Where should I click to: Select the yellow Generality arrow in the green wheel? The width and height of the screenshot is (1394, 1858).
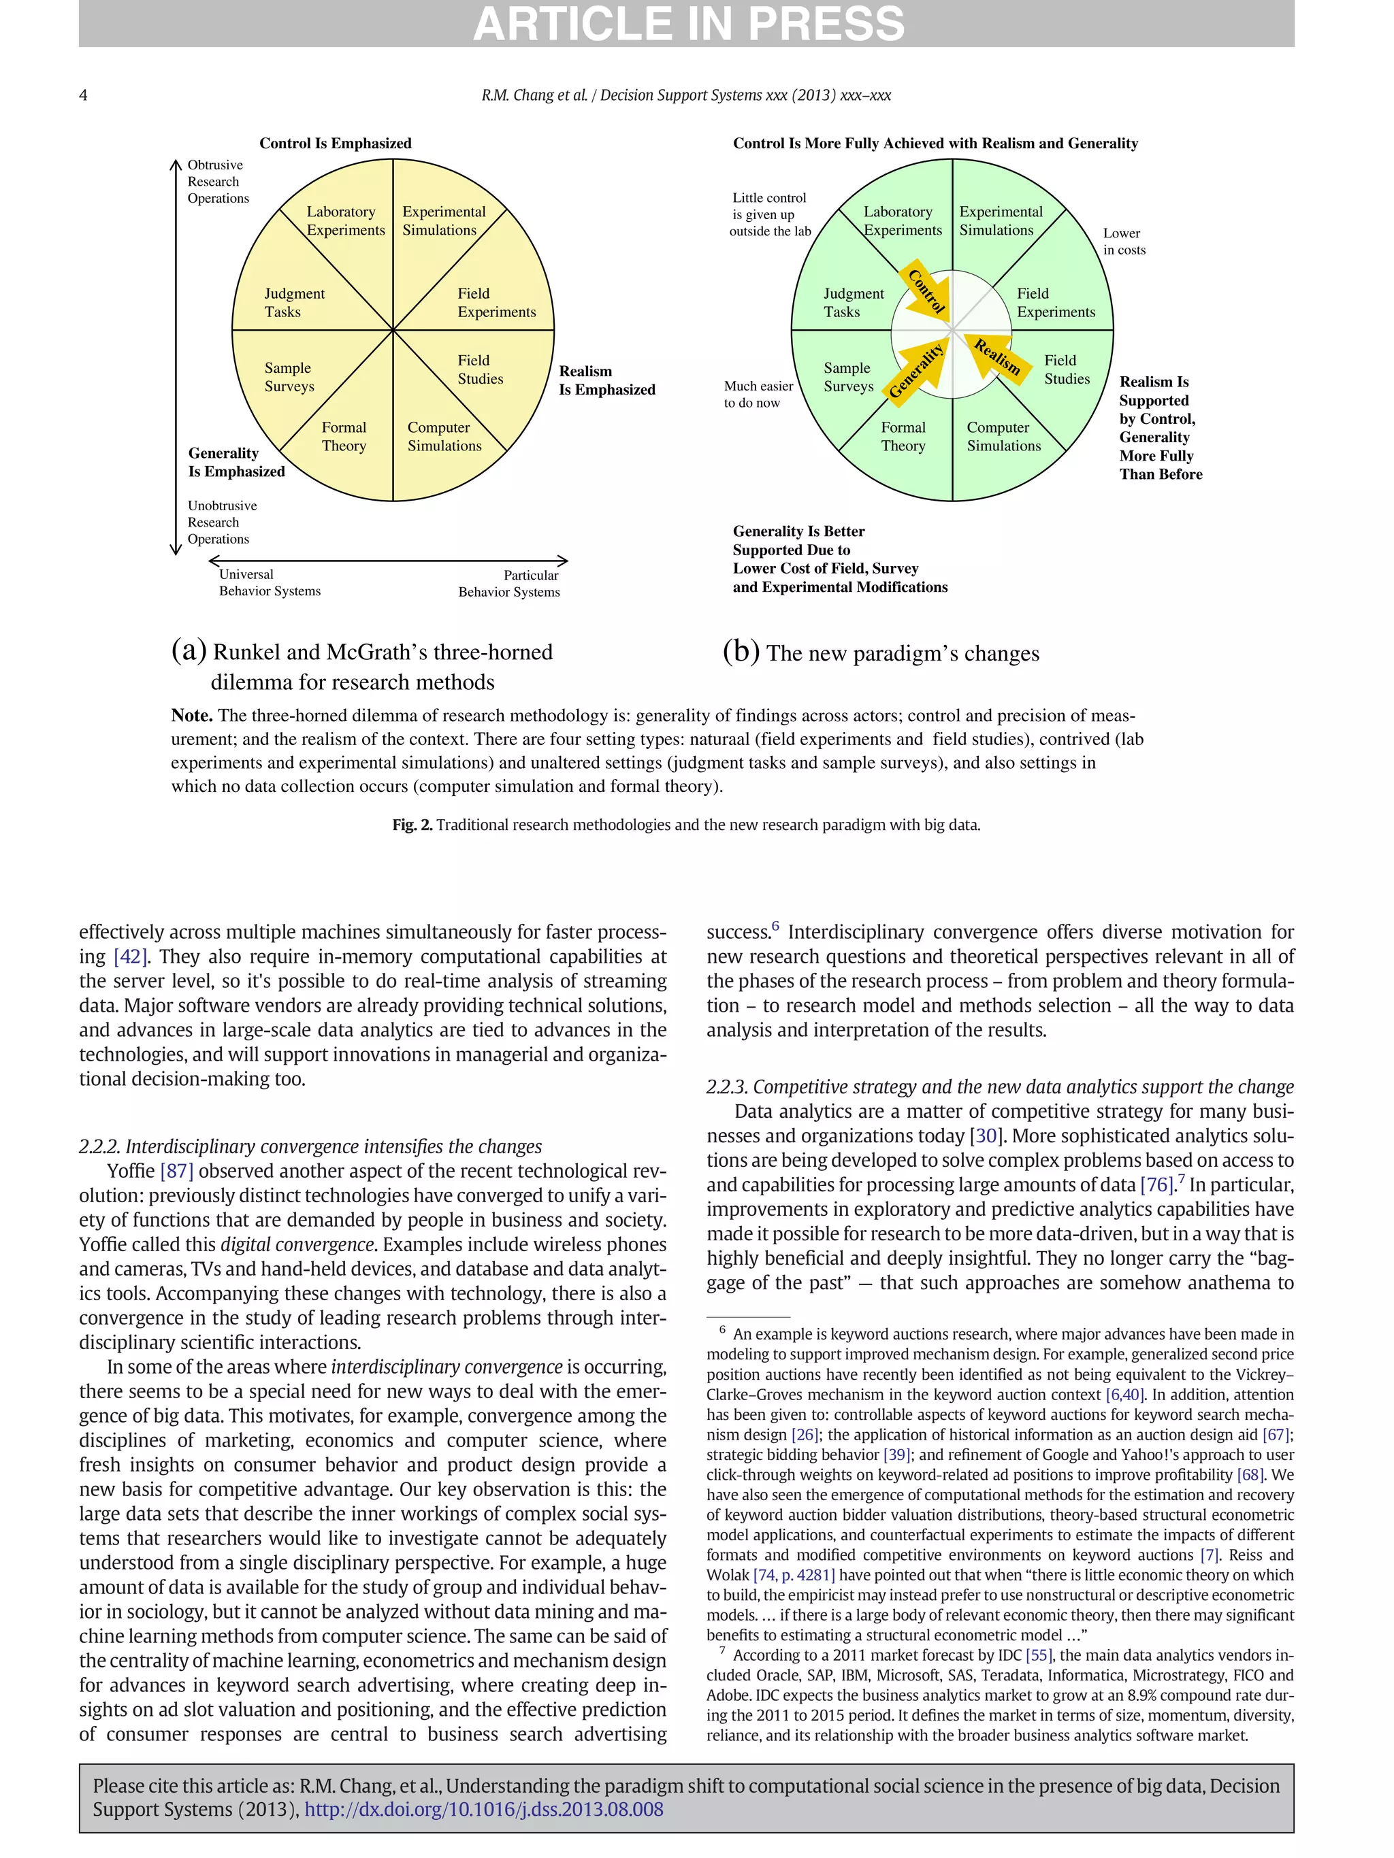(918, 369)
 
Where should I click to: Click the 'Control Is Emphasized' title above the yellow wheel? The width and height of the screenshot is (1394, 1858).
(336, 143)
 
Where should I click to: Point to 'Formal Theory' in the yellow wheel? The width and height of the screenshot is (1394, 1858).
(344, 437)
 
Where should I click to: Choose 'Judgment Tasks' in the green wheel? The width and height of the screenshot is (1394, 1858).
(853, 302)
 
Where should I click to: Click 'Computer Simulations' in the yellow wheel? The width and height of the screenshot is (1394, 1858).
(444, 437)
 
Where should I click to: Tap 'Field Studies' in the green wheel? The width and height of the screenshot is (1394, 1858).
(1067, 369)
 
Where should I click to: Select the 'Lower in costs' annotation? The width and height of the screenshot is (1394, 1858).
(1123, 241)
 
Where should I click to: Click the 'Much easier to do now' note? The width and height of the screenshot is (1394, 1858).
(758, 394)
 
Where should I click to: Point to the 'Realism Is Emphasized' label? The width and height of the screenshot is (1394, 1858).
(606, 380)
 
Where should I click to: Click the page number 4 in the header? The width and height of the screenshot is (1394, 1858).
(83, 95)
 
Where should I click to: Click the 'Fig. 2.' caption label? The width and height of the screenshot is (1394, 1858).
(412, 825)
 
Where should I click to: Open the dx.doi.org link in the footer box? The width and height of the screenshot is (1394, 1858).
(483, 1809)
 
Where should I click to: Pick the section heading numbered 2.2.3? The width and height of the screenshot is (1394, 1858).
(999, 1087)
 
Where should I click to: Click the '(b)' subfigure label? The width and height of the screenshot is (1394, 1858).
(741, 652)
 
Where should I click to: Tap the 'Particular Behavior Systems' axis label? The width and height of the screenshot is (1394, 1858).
(508, 583)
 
